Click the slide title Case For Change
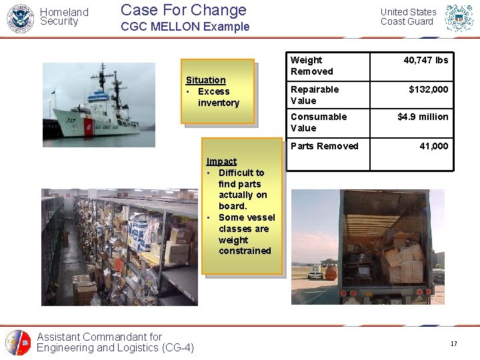click(x=183, y=10)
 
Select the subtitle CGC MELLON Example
click(x=185, y=27)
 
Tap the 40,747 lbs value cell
click(x=425, y=60)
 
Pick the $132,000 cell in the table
click(x=428, y=89)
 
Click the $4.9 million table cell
click(x=423, y=117)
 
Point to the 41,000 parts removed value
click(x=433, y=146)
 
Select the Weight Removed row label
click(x=312, y=65)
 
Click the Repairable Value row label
click(x=315, y=95)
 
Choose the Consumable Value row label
click(x=319, y=122)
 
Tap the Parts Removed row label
click(x=325, y=146)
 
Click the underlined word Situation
click(x=205, y=80)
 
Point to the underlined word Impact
click(x=221, y=161)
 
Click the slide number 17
click(x=453, y=344)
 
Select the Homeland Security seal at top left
click(x=19, y=18)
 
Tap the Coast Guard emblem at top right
click(x=459, y=18)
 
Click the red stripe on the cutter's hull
click(x=89, y=127)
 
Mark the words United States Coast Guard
click(x=408, y=17)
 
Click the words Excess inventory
click(x=217, y=97)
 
